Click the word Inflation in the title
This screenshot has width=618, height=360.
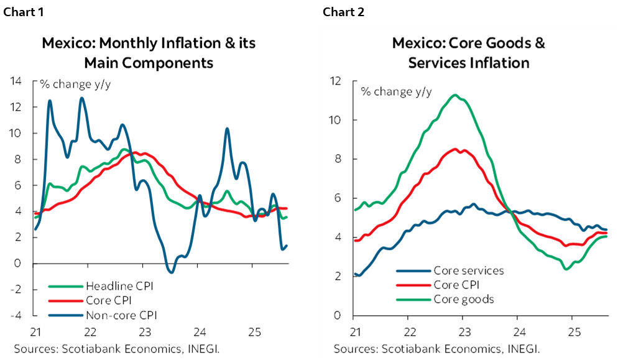(x=500, y=63)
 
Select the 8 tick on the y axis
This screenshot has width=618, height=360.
(x=338, y=159)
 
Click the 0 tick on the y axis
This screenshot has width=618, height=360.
(x=338, y=315)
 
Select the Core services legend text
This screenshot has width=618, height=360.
(x=468, y=270)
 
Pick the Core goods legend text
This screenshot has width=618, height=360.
(x=463, y=299)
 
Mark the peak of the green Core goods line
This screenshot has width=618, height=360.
(x=456, y=95)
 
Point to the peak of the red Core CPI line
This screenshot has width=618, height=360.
(x=456, y=149)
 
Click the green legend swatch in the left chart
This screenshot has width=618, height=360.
(x=65, y=287)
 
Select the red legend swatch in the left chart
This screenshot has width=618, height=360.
(x=65, y=300)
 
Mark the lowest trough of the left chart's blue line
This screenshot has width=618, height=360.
(x=171, y=271)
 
